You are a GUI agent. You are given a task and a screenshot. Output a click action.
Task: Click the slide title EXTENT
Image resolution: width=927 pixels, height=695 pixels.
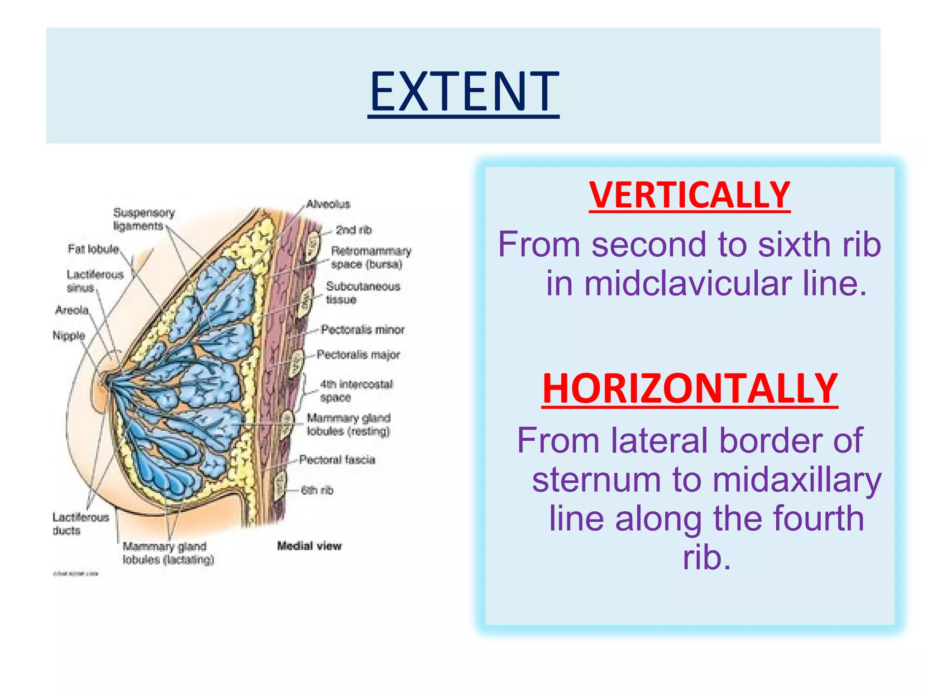(463, 92)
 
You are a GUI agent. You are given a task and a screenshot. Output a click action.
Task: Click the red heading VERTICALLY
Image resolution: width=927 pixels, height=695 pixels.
(689, 195)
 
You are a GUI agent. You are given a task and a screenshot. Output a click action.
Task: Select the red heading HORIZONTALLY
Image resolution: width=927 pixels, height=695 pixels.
(689, 389)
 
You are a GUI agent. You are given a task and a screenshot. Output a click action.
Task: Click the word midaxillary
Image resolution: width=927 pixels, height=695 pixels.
(797, 480)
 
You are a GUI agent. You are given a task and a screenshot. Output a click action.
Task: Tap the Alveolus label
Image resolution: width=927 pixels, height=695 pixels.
(328, 204)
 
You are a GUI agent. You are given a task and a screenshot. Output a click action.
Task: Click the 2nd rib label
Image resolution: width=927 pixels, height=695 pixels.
(354, 230)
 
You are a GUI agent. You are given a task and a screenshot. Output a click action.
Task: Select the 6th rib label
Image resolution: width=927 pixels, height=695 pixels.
(317, 490)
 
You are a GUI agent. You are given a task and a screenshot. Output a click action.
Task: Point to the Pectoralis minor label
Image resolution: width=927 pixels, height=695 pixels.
(362, 329)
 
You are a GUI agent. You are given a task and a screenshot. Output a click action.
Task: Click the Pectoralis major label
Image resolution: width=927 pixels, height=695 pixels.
(358, 354)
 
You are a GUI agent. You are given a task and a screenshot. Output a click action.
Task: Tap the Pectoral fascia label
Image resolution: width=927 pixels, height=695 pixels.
(337, 460)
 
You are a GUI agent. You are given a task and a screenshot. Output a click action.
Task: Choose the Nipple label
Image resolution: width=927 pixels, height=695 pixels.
(69, 335)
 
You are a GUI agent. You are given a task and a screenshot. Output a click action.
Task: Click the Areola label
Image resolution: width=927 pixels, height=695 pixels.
(72, 310)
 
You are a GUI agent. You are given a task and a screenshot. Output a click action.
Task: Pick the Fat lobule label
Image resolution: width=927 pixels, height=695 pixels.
(93, 249)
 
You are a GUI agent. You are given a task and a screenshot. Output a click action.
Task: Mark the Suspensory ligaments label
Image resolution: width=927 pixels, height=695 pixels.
(143, 219)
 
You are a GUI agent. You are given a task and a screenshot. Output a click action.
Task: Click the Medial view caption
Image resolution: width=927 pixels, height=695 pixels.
(309, 546)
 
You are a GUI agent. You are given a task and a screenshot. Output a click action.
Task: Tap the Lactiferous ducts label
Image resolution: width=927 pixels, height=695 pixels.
(80, 524)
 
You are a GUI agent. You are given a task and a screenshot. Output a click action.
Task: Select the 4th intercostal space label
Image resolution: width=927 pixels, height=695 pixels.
(356, 390)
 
